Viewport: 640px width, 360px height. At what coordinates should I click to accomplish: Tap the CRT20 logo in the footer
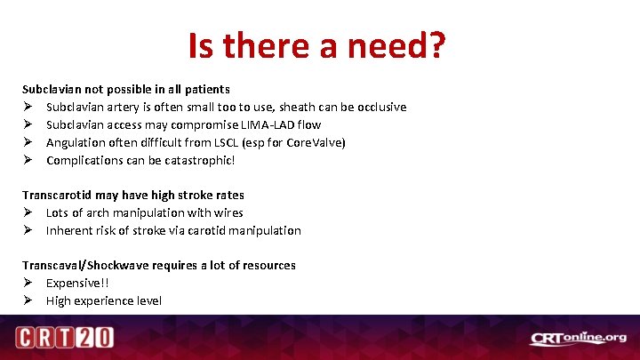point(63,338)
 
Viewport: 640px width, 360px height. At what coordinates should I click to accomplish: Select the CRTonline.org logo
point(579,338)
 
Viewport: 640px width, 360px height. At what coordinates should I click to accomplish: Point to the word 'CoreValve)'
point(316,142)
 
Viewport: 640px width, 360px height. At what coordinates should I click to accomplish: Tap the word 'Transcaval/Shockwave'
point(84,265)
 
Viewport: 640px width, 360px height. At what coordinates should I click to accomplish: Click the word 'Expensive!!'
point(77,283)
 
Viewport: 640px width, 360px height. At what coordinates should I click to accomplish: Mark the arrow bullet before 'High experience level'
point(28,300)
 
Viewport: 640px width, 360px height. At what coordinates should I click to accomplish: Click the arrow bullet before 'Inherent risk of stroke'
point(28,230)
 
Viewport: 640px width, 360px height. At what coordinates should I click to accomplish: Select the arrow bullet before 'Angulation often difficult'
point(28,142)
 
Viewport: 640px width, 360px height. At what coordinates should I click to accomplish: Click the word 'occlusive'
point(380,107)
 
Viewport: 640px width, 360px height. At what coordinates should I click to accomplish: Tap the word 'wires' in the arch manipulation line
point(228,212)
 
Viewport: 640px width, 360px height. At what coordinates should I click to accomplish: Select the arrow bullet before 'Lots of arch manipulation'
point(28,212)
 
